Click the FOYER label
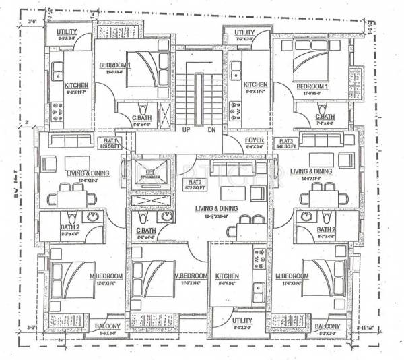(255, 140)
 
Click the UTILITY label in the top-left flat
(67, 32)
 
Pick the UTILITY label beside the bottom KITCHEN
(242, 322)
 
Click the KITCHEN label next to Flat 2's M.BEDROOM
(228, 277)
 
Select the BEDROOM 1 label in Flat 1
(116, 65)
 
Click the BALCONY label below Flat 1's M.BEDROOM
(106, 328)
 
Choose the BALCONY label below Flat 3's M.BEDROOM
(329, 328)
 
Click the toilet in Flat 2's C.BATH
(142, 218)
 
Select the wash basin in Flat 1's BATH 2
(93, 217)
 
